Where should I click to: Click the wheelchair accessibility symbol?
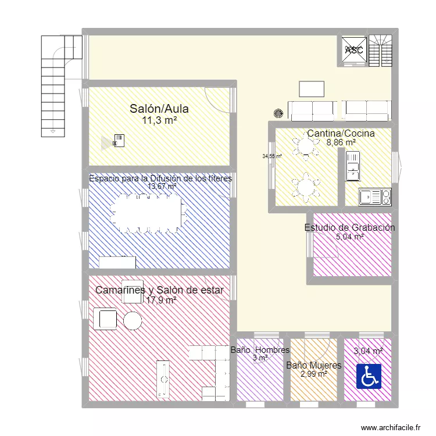(368, 376)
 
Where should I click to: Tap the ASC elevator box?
(353, 50)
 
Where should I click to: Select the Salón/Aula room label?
(159, 109)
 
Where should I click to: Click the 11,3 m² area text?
(159, 120)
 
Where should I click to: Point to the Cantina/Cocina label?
(341, 133)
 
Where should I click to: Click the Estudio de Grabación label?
(349, 227)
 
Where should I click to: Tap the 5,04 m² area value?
(349, 237)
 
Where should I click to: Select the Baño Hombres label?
(260, 350)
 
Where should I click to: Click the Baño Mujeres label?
(313, 365)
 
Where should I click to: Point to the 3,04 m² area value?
(368, 351)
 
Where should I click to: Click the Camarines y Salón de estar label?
(159, 290)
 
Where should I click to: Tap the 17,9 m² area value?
(161, 301)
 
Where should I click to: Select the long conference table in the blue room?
(146, 213)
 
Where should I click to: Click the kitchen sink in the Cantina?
(374, 197)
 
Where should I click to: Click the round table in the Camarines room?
(132, 320)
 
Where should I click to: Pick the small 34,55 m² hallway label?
(271, 156)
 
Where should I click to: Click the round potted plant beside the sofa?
(280, 113)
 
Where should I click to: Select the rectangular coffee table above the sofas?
(312, 88)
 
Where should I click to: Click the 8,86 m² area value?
(341, 142)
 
